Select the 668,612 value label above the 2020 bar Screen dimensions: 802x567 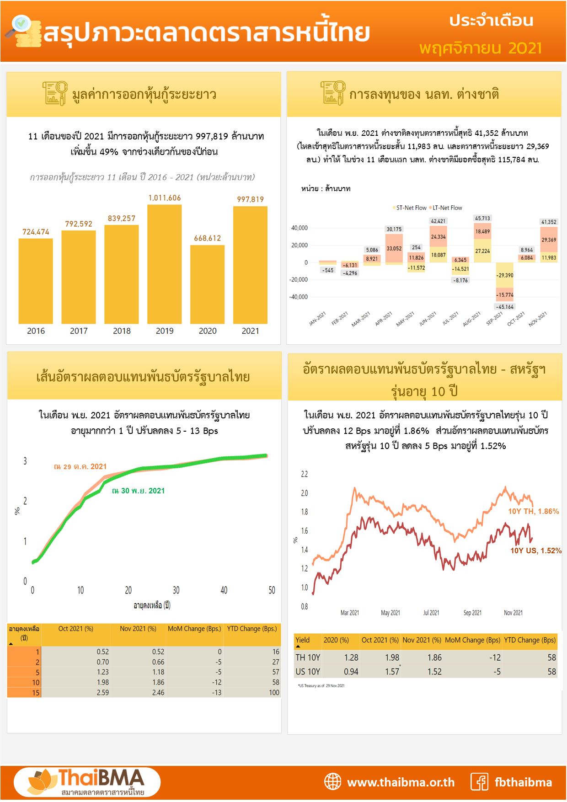(x=207, y=238)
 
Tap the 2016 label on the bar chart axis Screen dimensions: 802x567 (x=36, y=331)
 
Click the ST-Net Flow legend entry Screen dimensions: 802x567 (x=410, y=208)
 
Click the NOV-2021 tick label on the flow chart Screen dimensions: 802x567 (x=538, y=319)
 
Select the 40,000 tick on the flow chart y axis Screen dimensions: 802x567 (x=300, y=228)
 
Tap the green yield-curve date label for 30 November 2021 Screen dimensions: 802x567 (x=139, y=491)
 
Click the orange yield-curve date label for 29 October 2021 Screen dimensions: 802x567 (x=80, y=467)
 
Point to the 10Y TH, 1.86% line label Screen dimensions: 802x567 (x=533, y=512)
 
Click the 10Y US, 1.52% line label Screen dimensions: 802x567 (x=535, y=551)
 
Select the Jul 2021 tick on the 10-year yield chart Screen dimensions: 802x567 (x=431, y=613)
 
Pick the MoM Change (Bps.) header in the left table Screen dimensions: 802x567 (x=194, y=629)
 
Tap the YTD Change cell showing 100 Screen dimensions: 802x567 (x=274, y=693)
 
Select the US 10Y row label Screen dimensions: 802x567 (x=308, y=672)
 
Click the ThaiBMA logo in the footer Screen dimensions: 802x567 (x=87, y=782)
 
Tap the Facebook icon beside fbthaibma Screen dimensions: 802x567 (x=480, y=782)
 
